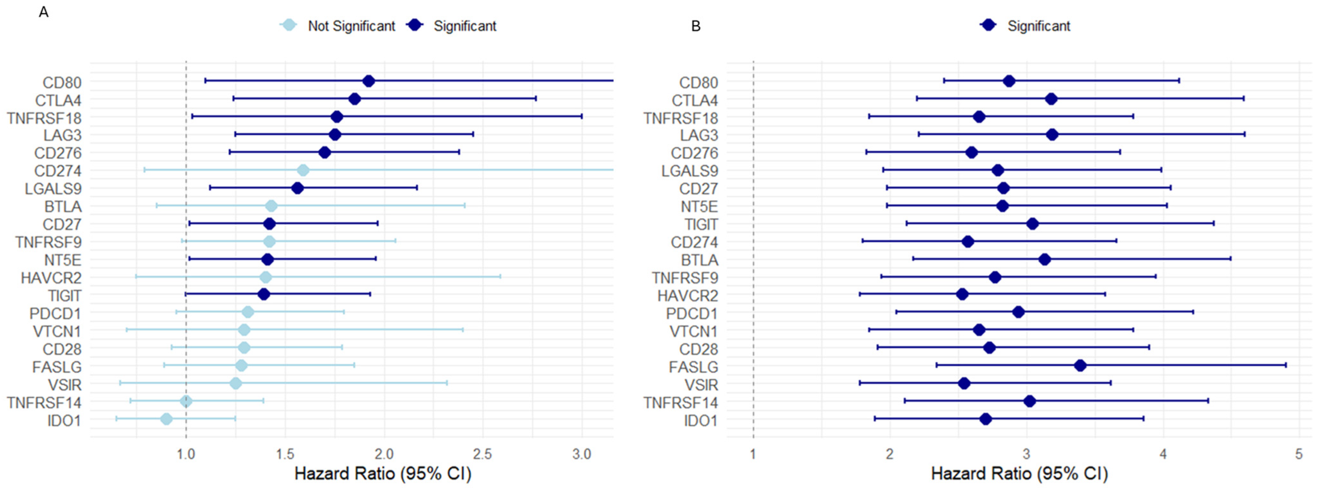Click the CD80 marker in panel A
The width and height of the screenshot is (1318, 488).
(368, 81)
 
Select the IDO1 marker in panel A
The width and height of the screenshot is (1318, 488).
(166, 419)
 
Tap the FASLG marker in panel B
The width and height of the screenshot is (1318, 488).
(1080, 365)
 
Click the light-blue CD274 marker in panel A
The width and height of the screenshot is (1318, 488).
(303, 170)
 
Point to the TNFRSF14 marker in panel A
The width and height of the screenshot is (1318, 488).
(186, 401)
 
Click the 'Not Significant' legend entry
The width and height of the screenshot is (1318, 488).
(338, 26)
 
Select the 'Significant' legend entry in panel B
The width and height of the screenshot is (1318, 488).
(1025, 26)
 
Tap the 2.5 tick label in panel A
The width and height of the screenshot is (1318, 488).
(483, 454)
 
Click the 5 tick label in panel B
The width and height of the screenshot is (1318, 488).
(1299, 454)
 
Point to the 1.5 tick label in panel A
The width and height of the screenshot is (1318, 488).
(285, 454)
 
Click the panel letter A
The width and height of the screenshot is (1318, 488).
(44, 12)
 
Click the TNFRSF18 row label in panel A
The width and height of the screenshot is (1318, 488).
(44, 118)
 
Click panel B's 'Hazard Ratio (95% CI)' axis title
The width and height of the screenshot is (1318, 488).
(1019, 474)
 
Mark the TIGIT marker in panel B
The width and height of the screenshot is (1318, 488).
(1033, 223)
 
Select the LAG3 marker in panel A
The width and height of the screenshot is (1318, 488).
(335, 135)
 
